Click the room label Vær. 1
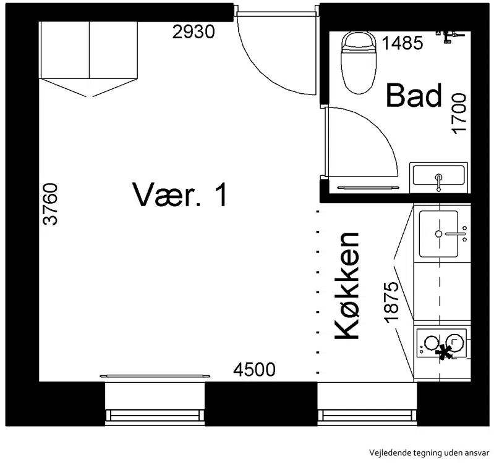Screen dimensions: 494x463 click(x=180, y=194)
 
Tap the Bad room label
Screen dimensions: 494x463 click(x=414, y=95)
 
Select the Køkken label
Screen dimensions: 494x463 click(x=347, y=286)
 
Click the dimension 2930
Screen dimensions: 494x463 click(x=194, y=31)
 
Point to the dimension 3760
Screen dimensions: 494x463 click(x=51, y=204)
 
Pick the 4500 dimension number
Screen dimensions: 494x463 click(x=254, y=370)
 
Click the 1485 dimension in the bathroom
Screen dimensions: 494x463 click(x=402, y=43)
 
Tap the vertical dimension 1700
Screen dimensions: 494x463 click(x=459, y=113)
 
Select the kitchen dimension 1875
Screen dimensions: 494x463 click(x=391, y=302)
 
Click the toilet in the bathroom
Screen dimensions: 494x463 click(x=359, y=62)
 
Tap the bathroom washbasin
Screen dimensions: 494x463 click(x=438, y=177)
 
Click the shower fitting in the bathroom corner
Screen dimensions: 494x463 click(x=449, y=36)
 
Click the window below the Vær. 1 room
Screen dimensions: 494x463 click(x=155, y=404)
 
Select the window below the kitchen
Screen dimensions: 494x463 click(x=367, y=404)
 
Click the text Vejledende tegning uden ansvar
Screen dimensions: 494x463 click(x=429, y=453)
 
